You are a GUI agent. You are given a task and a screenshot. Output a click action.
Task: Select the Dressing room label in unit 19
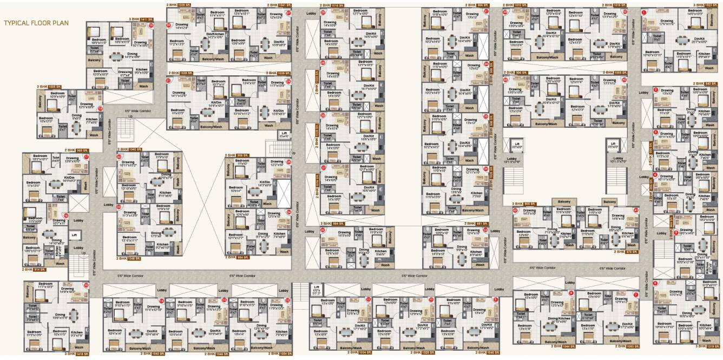125,73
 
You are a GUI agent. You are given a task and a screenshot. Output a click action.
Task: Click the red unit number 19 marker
151,25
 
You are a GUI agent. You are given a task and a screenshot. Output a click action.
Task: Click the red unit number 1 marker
644,11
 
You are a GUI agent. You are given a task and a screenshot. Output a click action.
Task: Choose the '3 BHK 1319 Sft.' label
706,346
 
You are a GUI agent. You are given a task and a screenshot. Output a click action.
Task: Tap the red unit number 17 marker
86,157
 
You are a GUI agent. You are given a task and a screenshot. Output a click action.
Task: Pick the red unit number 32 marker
323,229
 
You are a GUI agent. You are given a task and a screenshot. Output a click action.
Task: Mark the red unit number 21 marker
169,81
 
